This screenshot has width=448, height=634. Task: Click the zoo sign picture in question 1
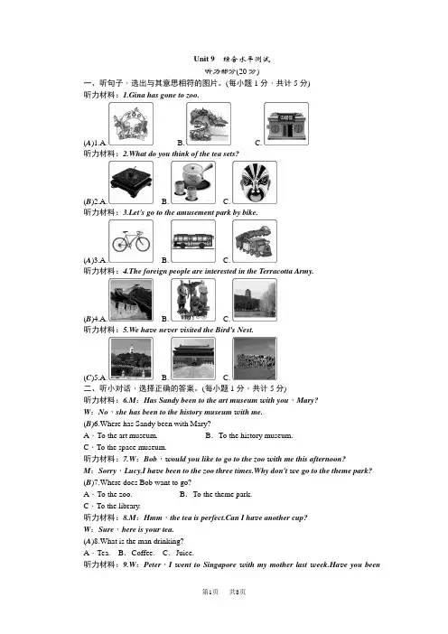click(131, 124)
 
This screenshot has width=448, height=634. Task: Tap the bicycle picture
click(131, 241)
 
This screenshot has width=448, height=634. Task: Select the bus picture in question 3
click(193, 241)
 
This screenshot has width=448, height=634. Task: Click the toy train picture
click(255, 241)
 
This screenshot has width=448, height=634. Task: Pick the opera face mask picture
click(255, 182)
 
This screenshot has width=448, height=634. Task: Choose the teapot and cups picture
click(193, 182)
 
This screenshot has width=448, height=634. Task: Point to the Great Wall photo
click(131, 300)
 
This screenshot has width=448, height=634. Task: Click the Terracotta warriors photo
click(193, 300)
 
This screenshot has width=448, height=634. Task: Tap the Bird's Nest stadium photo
click(255, 359)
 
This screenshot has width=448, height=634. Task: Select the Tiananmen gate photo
click(193, 359)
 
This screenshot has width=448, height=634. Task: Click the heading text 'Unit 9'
click(204, 59)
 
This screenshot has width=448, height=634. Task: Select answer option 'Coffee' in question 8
click(143, 553)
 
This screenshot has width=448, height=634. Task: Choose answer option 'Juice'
click(185, 553)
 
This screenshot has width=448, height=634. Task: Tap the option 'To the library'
click(118, 506)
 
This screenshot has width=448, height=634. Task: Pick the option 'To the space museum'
click(131, 447)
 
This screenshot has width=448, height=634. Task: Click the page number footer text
click(224, 592)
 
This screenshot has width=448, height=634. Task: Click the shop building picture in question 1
click(286, 124)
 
